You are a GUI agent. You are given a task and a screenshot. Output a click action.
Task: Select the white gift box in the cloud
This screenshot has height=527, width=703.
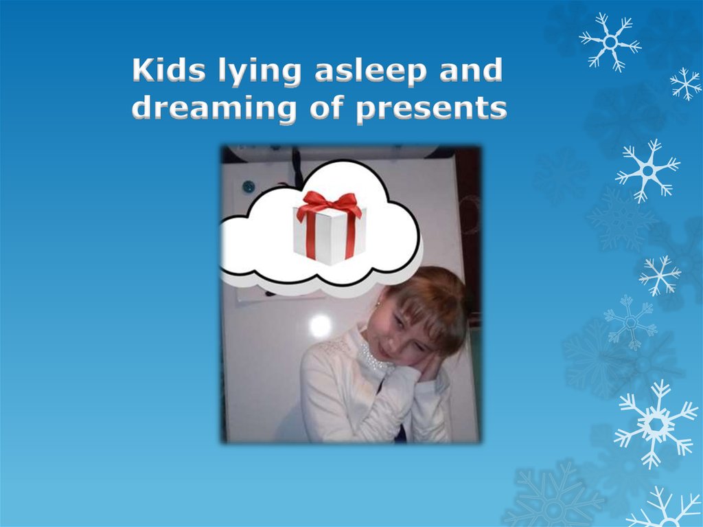330,234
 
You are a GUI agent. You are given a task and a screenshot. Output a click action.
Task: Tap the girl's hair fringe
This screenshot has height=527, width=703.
426,309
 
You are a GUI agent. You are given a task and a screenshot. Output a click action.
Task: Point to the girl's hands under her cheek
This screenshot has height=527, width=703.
427,368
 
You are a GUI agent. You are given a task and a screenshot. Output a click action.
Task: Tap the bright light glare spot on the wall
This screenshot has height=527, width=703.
319,326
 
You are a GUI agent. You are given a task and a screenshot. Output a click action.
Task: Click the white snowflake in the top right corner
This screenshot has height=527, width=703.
610,41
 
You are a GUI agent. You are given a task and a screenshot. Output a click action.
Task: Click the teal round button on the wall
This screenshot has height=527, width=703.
249,186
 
